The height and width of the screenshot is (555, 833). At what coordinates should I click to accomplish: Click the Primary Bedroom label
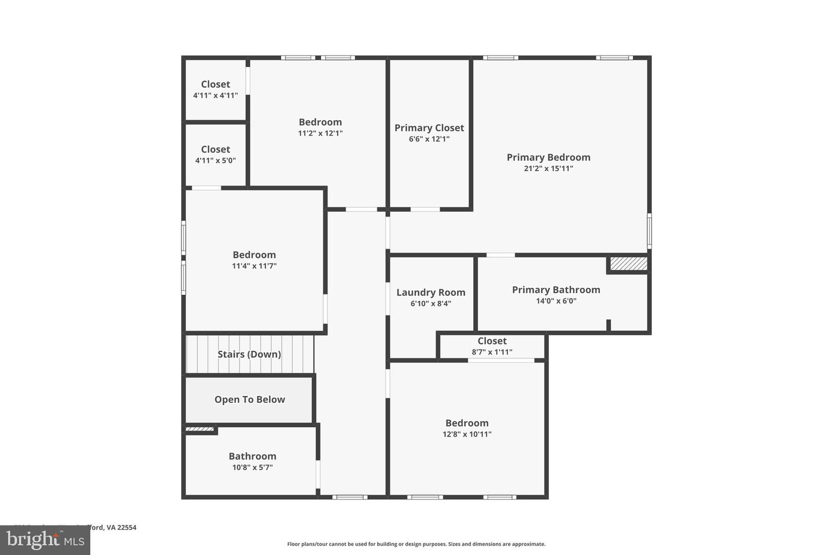tap(548, 157)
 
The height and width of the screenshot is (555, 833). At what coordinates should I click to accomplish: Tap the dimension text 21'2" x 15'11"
tap(548, 169)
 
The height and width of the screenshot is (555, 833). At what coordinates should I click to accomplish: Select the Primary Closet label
tap(429, 128)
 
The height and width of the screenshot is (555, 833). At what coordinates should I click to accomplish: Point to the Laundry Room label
tap(431, 293)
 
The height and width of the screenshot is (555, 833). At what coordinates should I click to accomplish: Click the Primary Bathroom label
tap(556, 290)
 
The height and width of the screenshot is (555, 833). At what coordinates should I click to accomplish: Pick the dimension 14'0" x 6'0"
tap(556, 301)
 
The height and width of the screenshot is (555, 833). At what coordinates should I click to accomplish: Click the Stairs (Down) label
tap(249, 354)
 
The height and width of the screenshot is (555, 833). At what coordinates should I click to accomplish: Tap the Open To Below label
tap(250, 399)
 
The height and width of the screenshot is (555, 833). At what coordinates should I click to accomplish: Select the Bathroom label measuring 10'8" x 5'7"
tap(252, 456)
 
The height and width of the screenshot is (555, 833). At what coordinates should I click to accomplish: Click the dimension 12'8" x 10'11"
tap(467, 434)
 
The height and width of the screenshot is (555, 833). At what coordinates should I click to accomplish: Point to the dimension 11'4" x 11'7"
tap(254, 266)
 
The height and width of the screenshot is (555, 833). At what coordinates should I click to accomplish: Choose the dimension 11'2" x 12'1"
tap(320, 133)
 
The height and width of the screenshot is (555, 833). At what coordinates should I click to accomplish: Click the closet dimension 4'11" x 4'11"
tap(215, 95)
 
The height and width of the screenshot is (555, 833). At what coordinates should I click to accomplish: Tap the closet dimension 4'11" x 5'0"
tap(215, 161)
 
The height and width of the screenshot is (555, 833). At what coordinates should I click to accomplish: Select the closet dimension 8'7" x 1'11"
tap(492, 352)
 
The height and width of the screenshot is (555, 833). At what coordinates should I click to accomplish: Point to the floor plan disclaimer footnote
tap(417, 544)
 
